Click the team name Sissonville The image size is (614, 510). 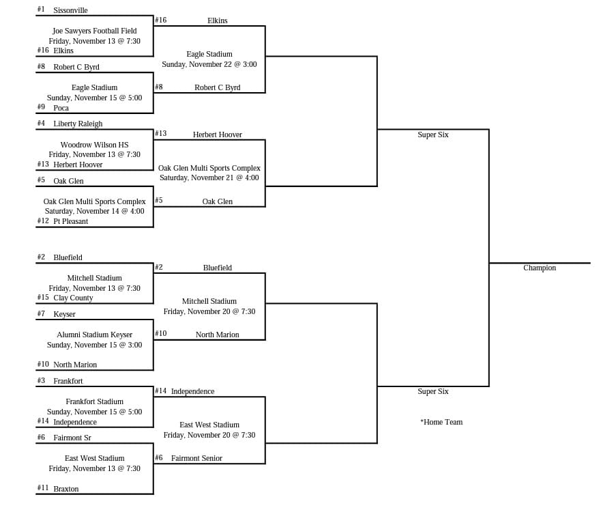coord(70,10)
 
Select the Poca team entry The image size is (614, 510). coord(61,108)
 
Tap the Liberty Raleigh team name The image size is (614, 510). coord(78,124)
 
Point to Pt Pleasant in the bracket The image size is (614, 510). coord(71,221)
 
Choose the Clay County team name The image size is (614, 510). coord(73,298)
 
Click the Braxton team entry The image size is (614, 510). coord(66,489)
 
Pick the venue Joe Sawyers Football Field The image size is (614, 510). coord(94,31)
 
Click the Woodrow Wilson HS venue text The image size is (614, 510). coord(94,145)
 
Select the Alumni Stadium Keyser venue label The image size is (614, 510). coord(94,335)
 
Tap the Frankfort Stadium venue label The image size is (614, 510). coord(94,401)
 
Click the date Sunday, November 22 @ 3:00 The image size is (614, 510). coord(209,64)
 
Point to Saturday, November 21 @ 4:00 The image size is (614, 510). coord(209,178)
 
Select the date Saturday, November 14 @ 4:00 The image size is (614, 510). coord(94,211)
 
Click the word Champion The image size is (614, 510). coord(540,268)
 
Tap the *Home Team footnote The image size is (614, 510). coord(441,422)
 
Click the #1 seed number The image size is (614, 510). coord(41,9)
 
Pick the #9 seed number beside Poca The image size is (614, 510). coord(41,107)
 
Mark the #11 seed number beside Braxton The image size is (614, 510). coord(43,487)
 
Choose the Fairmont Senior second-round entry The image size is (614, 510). coord(196,458)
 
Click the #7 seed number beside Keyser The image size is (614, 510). coord(41,313)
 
